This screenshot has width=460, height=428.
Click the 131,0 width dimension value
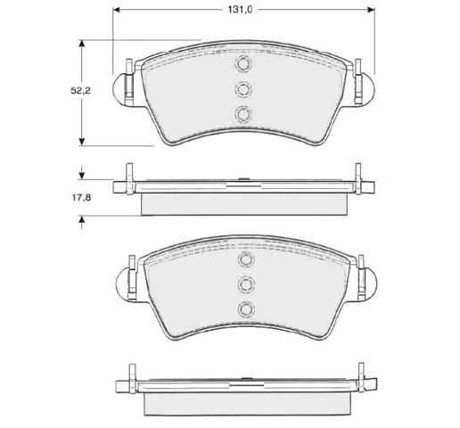tap(240, 10)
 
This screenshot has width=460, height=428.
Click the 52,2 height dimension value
tap(80, 91)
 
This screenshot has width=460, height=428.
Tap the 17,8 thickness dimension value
tap(81, 197)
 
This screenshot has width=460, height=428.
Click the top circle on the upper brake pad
tap(243, 63)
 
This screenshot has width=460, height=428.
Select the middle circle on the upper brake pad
tap(243, 89)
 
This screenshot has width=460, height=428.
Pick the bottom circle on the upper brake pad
tap(243, 114)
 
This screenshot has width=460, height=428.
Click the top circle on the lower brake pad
tap(246, 259)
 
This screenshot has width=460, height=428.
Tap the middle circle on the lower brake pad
tap(246, 284)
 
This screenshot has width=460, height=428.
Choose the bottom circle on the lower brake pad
tap(246, 309)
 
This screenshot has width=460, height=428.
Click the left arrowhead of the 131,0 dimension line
tap(117, 10)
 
